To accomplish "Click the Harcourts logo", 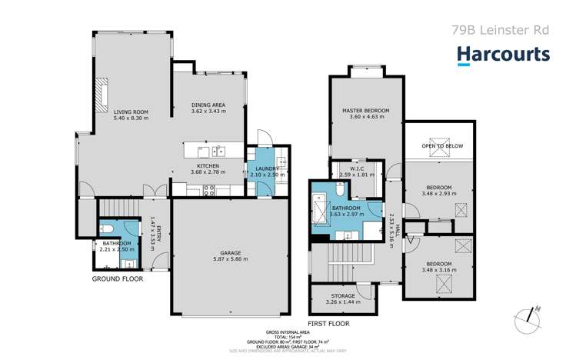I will tap(504, 54).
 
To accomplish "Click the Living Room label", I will tap(131, 112).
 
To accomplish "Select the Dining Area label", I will tap(208, 105).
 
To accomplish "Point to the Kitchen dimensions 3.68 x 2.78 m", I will tap(208, 174).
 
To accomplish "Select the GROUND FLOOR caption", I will tap(118, 279).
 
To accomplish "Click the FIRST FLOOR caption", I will tap(328, 324).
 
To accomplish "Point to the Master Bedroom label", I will tap(365, 111).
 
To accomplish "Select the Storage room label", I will tap(343, 295).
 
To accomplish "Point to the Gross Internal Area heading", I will tap(288, 332).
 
